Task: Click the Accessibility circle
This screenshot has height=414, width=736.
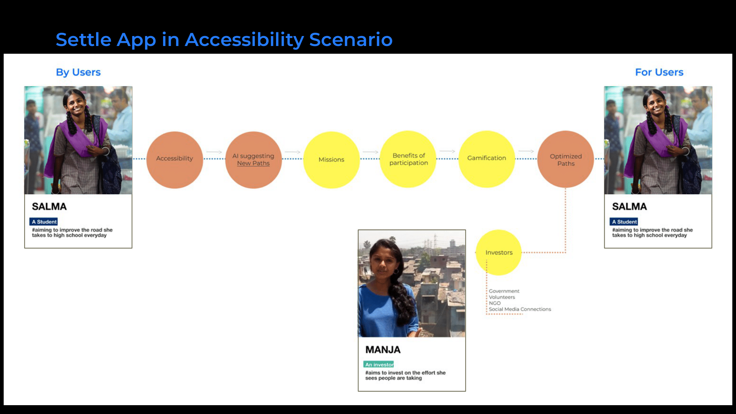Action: pyautogui.click(x=174, y=160)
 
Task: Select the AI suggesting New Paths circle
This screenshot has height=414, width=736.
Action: pyautogui.click(x=253, y=160)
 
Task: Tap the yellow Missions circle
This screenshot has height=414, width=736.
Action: pyautogui.click(x=331, y=160)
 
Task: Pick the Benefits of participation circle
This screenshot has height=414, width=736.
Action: pyautogui.click(x=408, y=159)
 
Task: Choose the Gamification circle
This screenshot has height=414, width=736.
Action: pyautogui.click(x=486, y=159)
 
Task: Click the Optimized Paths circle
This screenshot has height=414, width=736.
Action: pyautogui.click(x=566, y=159)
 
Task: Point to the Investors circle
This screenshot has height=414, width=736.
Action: pyautogui.click(x=499, y=252)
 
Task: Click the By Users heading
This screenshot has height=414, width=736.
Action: pyautogui.click(x=78, y=72)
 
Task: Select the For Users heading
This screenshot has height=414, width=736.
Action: pyautogui.click(x=659, y=72)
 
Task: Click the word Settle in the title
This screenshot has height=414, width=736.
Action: pyautogui.click(x=84, y=39)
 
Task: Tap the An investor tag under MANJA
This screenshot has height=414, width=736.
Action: pyautogui.click(x=379, y=364)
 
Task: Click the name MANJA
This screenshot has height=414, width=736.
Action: pyautogui.click(x=383, y=350)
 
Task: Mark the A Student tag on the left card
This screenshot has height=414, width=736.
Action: pyautogui.click(x=44, y=222)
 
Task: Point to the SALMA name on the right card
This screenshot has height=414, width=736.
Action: pyautogui.click(x=629, y=206)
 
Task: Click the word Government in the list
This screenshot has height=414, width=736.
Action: pyautogui.click(x=504, y=291)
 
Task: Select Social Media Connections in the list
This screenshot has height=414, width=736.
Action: pyautogui.click(x=520, y=309)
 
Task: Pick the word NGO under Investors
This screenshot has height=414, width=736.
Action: pyautogui.click(x=495, y=303)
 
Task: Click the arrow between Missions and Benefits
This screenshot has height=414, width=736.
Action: pyautogui.click(x=371, y=152)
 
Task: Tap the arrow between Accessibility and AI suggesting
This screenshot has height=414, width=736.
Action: pyautogui.click(x=214, y=152)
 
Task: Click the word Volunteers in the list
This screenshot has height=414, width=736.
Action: pyautogui.click(x=502, y=297)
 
